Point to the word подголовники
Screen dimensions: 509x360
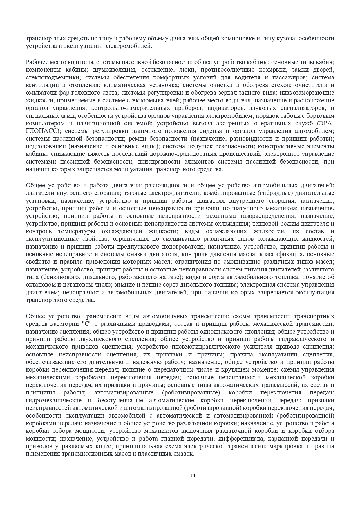click(44, 146)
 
